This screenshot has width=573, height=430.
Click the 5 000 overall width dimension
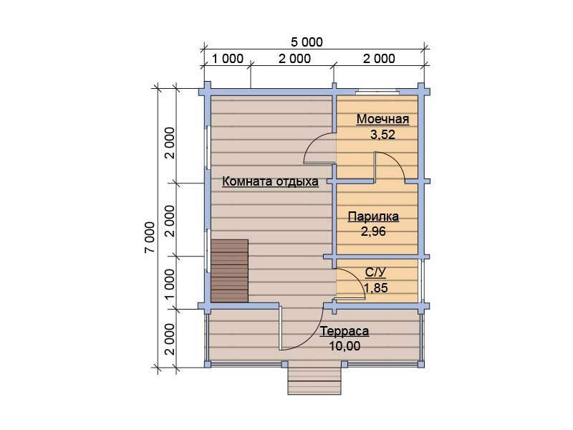coord(307,42)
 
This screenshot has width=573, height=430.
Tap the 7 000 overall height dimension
coord(150,237)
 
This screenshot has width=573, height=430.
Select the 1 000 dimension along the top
coord(227,59)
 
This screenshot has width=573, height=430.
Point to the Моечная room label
coord(382,119)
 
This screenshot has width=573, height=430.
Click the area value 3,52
coord(382,135)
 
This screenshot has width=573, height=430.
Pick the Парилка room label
coord(373,216)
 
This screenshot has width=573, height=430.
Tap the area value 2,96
coord(373,231)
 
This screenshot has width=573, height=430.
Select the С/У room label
coord(375,272)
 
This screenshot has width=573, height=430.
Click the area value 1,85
coord(375,288)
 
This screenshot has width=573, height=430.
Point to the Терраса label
coord(345,331)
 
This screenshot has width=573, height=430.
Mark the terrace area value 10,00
coord(345,346)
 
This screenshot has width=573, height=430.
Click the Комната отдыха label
coord(270,181)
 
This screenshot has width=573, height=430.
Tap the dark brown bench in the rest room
coord(229,271)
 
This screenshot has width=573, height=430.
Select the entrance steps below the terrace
coord(314,381)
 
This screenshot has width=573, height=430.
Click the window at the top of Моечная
coord(377,92)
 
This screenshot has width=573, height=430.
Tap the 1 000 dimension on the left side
coord(170,284)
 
